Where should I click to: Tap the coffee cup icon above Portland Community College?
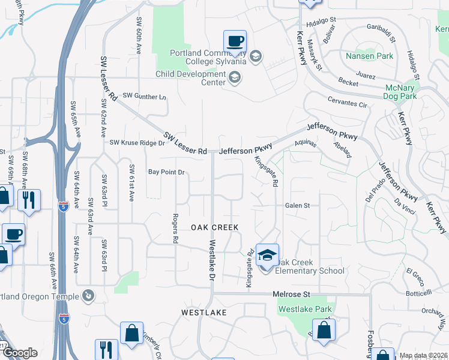point(235,42)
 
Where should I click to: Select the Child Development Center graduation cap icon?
point(234,77)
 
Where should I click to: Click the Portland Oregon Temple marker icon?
point(88,295)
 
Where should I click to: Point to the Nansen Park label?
point(369,56)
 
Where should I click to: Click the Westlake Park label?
point(305,310)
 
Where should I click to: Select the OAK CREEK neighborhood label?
point(215,227)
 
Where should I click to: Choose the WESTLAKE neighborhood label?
point(205,313)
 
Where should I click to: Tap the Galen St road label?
point(297,205)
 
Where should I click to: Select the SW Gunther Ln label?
point(144,96)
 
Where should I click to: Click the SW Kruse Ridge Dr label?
point(137,143)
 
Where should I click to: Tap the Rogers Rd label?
point(175,229)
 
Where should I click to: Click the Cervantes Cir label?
point(346,104)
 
